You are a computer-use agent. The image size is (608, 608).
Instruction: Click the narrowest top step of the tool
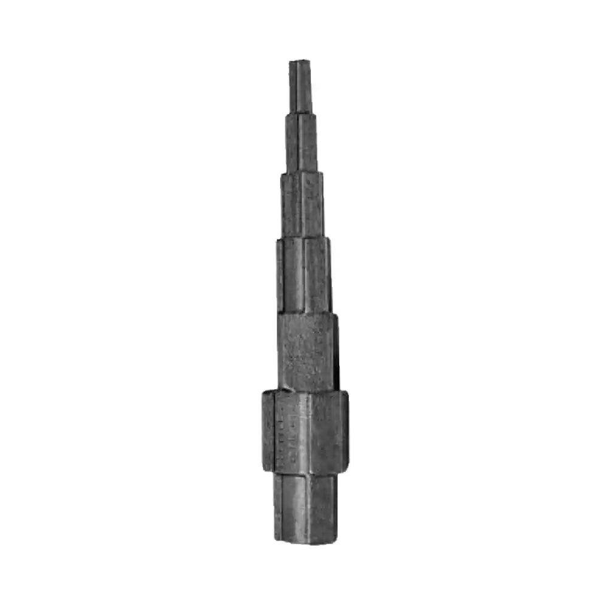[x=300, y=85]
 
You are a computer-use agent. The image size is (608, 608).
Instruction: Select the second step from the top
[x=302, y=142]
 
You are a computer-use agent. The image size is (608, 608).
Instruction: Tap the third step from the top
[x=303, y=204]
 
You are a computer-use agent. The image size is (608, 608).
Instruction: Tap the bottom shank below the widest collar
[x=305, y=507]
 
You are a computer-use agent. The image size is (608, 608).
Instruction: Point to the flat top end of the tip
[x=299, y=61]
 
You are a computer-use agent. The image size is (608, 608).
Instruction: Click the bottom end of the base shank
[x=305, y=541]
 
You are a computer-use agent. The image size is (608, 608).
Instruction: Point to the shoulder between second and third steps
[x=302, y=172]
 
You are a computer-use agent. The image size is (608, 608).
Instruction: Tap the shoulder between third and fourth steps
[x=303, y=237]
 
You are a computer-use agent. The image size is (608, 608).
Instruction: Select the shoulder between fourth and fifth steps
[x=306, y=313]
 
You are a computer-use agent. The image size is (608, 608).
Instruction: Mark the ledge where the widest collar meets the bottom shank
[x=305, y=472]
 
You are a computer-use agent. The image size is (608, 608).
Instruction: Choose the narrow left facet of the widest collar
[x=268, y=431]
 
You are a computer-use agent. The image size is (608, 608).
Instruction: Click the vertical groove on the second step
[x=299, y=142]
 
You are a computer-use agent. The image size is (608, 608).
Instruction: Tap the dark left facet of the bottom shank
[x=278, y=507]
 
